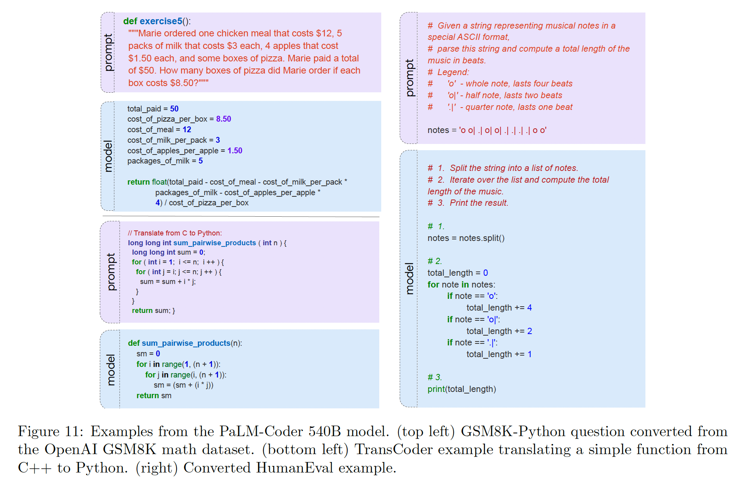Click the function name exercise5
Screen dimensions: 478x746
161,21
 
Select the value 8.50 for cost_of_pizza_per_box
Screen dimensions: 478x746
223,119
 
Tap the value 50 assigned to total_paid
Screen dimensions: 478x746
174,109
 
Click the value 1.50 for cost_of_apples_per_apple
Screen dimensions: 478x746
235,151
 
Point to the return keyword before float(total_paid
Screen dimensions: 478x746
139,182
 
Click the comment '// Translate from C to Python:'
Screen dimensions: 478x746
175,233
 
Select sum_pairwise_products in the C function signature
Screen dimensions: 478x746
214,243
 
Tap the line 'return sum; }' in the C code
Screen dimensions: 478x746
153,311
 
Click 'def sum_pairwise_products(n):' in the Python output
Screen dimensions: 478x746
185,343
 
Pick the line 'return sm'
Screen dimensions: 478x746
154,395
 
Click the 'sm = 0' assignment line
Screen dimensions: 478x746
148,354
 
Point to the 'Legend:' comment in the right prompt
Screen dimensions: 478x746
453,72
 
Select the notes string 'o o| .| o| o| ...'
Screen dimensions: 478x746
503,130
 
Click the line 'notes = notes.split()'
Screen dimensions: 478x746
466,238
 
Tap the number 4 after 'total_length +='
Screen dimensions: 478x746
529,308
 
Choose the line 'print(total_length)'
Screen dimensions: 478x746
461,389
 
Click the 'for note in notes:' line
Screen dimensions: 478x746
461,285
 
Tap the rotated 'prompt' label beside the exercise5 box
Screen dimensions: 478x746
108,52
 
